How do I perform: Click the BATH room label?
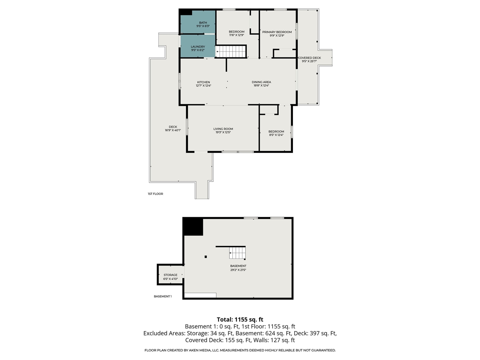pos(203,23)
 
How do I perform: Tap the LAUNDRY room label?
pos(198,47)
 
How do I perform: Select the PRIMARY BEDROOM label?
pos(277,32)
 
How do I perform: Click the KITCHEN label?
pos(204,82)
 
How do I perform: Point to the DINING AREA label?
pos(261,82)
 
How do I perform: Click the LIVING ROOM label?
pos(223,129)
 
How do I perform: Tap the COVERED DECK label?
pos(309,58)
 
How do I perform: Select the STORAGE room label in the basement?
pos(170,275)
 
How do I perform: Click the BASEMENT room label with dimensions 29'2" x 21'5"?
pos(238,266)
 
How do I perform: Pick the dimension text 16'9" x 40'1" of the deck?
pos(173,130)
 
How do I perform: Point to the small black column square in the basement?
pos(205,257)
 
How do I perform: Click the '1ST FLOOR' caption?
pos(155,194)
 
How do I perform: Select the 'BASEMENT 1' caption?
pos(162,296)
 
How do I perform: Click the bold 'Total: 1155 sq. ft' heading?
pos(240,319)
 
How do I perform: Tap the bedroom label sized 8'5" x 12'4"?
pos(276,132)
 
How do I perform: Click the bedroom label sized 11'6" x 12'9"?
pos(237,32)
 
